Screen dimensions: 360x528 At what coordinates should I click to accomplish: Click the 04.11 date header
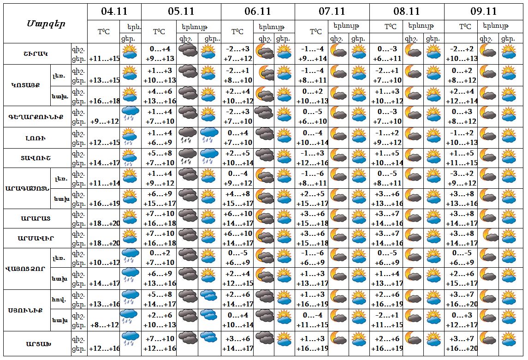(x=114, y=11)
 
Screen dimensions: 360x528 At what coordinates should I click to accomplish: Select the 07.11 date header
(x=332, y=11)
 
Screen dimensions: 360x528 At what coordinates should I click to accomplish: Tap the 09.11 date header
(x=484, y=11)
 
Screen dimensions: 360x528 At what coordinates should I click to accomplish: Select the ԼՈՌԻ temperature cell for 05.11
(x=159, y=138)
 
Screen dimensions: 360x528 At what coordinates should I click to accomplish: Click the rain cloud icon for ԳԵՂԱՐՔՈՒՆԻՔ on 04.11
(x=131, y=117)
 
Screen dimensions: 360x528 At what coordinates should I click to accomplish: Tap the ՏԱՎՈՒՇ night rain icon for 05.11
(x=187, y=158)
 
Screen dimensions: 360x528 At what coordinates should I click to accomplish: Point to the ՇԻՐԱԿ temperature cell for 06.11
(x=238, y=54)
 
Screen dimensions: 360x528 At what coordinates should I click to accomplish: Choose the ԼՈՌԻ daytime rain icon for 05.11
(x=209, y=138)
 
